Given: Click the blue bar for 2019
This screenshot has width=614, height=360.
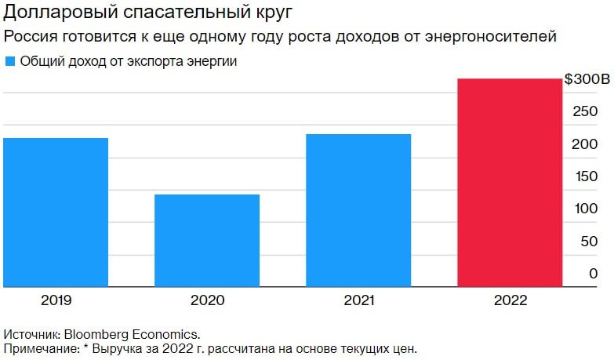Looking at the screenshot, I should tap(56, 212).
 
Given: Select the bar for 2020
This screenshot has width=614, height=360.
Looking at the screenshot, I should tap(207, 240).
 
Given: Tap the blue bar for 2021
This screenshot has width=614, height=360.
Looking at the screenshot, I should tap(358, 210).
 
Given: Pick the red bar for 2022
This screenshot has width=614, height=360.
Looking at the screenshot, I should tap(510, 182).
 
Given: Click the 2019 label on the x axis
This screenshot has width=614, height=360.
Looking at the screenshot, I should tap(56, 300).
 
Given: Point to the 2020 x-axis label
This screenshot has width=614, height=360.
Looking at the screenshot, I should tap(207, 300).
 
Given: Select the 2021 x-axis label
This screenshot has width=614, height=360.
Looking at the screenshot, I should tap(358, 300).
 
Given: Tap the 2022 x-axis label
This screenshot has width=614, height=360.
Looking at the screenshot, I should tap(510, 300).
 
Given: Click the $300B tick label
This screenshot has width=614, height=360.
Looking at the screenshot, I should tap(587, 80).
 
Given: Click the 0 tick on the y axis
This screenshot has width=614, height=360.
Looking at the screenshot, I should tap(594, 273).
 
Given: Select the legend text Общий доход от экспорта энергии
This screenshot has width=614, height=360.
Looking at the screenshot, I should tap(129, 61).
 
